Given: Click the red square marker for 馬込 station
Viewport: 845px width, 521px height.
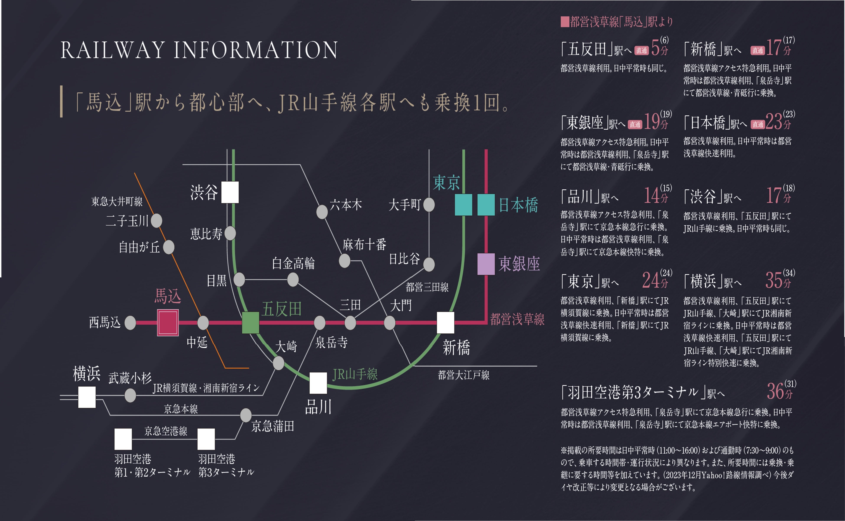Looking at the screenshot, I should (168, 322).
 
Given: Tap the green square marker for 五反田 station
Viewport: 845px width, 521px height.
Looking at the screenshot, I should (250, 322).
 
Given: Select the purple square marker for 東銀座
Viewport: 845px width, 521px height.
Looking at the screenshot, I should (486, 264).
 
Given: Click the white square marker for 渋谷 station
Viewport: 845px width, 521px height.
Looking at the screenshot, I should (230, 192).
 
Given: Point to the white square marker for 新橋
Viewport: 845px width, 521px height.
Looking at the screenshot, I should (445, 322).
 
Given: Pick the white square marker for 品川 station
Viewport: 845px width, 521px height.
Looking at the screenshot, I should (318, 383).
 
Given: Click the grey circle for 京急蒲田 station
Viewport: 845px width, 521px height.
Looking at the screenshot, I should (246, 415).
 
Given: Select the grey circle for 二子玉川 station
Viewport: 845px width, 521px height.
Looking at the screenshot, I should (156, 221).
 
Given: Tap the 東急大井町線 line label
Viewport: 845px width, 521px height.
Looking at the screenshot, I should (117, 202).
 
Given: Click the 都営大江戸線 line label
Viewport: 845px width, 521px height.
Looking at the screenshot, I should (464, 375).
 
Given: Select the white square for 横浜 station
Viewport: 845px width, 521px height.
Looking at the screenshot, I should (87, 397).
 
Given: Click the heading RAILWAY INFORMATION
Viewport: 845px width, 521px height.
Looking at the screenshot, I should (199, 50).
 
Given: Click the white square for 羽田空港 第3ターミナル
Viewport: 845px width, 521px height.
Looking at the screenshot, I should (206, 439).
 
